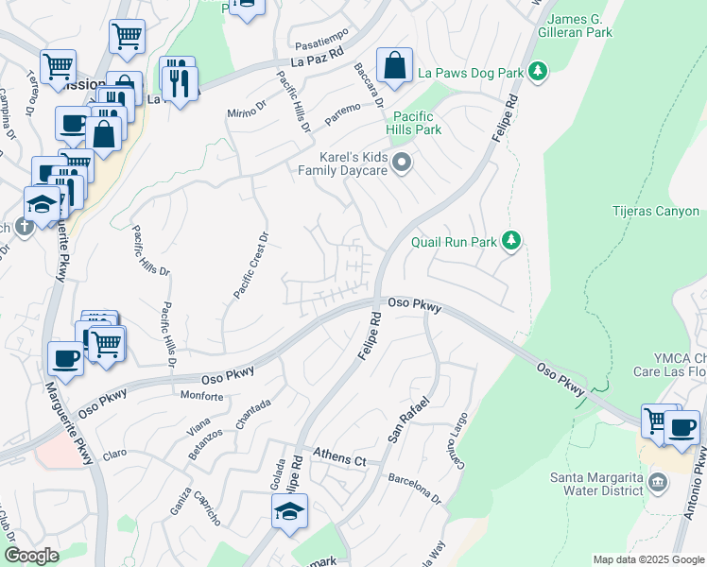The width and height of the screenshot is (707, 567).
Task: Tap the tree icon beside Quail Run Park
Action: click(511, 242)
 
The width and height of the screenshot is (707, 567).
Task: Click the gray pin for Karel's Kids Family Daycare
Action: click(402, 163)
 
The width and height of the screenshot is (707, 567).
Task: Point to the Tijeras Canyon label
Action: click(655, 212)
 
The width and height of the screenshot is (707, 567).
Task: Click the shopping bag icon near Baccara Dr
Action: click(394, 66)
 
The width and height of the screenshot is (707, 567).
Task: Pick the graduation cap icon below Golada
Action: click(289, 513)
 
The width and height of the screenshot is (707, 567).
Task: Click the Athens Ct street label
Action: click(339, 459)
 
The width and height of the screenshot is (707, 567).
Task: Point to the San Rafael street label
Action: click(408, 421)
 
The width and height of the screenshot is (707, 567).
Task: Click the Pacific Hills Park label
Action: click(414, 122)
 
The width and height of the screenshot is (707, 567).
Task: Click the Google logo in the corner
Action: click(31, 556)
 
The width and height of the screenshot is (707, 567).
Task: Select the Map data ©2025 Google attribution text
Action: click(647, 559)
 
